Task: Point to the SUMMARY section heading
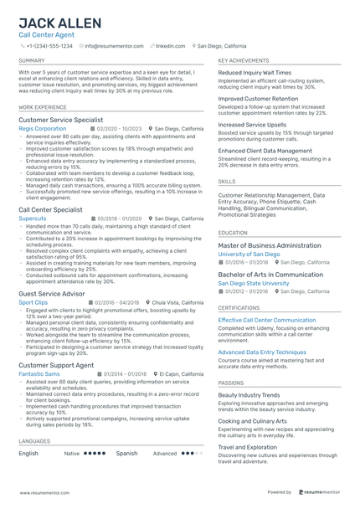point(32,61)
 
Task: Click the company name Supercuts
point(33,218)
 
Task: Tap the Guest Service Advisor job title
point(53,293)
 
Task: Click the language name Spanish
point(126,453)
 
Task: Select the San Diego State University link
point(254,283)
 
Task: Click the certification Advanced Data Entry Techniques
point(262,352)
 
